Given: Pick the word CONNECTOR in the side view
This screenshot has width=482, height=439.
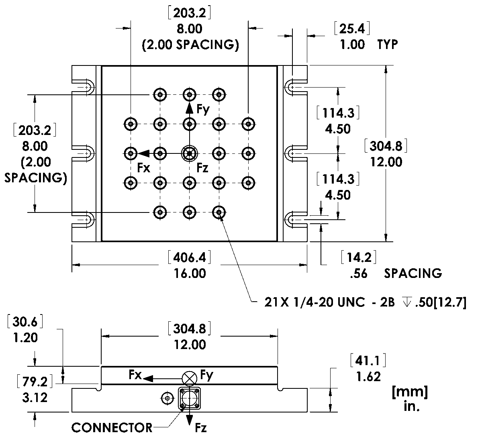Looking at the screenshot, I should click(112, 428).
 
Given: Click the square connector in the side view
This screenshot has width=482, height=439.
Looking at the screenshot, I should click(188, 398).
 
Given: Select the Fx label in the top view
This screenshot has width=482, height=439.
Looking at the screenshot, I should click(143, 168).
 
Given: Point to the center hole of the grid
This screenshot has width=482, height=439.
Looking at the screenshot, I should click(189, 153).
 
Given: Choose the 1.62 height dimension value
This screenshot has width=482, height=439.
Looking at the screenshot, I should click(368, 377).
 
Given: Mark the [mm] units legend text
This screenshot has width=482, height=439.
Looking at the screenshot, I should click(409, 392).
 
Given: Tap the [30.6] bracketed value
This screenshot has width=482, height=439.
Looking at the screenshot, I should click(25, 322).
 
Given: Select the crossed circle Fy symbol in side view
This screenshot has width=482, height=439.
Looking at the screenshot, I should click(189, 378).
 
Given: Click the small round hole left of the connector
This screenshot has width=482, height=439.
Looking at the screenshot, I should click(166, 398).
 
